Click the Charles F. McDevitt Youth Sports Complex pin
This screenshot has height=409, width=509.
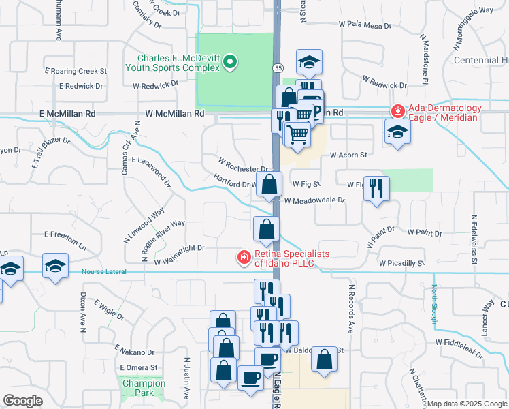click(x=230, y=63)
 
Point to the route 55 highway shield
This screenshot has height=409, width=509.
click(x=279, y=69)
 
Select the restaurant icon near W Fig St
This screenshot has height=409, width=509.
click(x=376, y=188)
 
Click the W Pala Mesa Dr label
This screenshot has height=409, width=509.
click(x=365, y=25)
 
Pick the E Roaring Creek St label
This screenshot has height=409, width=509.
click(x=76, y=70)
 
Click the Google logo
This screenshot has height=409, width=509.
click(x=22, y=400)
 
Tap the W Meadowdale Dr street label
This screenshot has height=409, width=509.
click(x=314, y=201)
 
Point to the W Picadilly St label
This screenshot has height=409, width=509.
click(x=401, y=262)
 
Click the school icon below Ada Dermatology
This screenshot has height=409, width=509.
click(x=397, y=132)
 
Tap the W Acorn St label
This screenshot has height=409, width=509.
click(x=348, y=155)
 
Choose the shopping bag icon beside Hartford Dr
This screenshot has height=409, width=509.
click(x=270, y=185)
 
